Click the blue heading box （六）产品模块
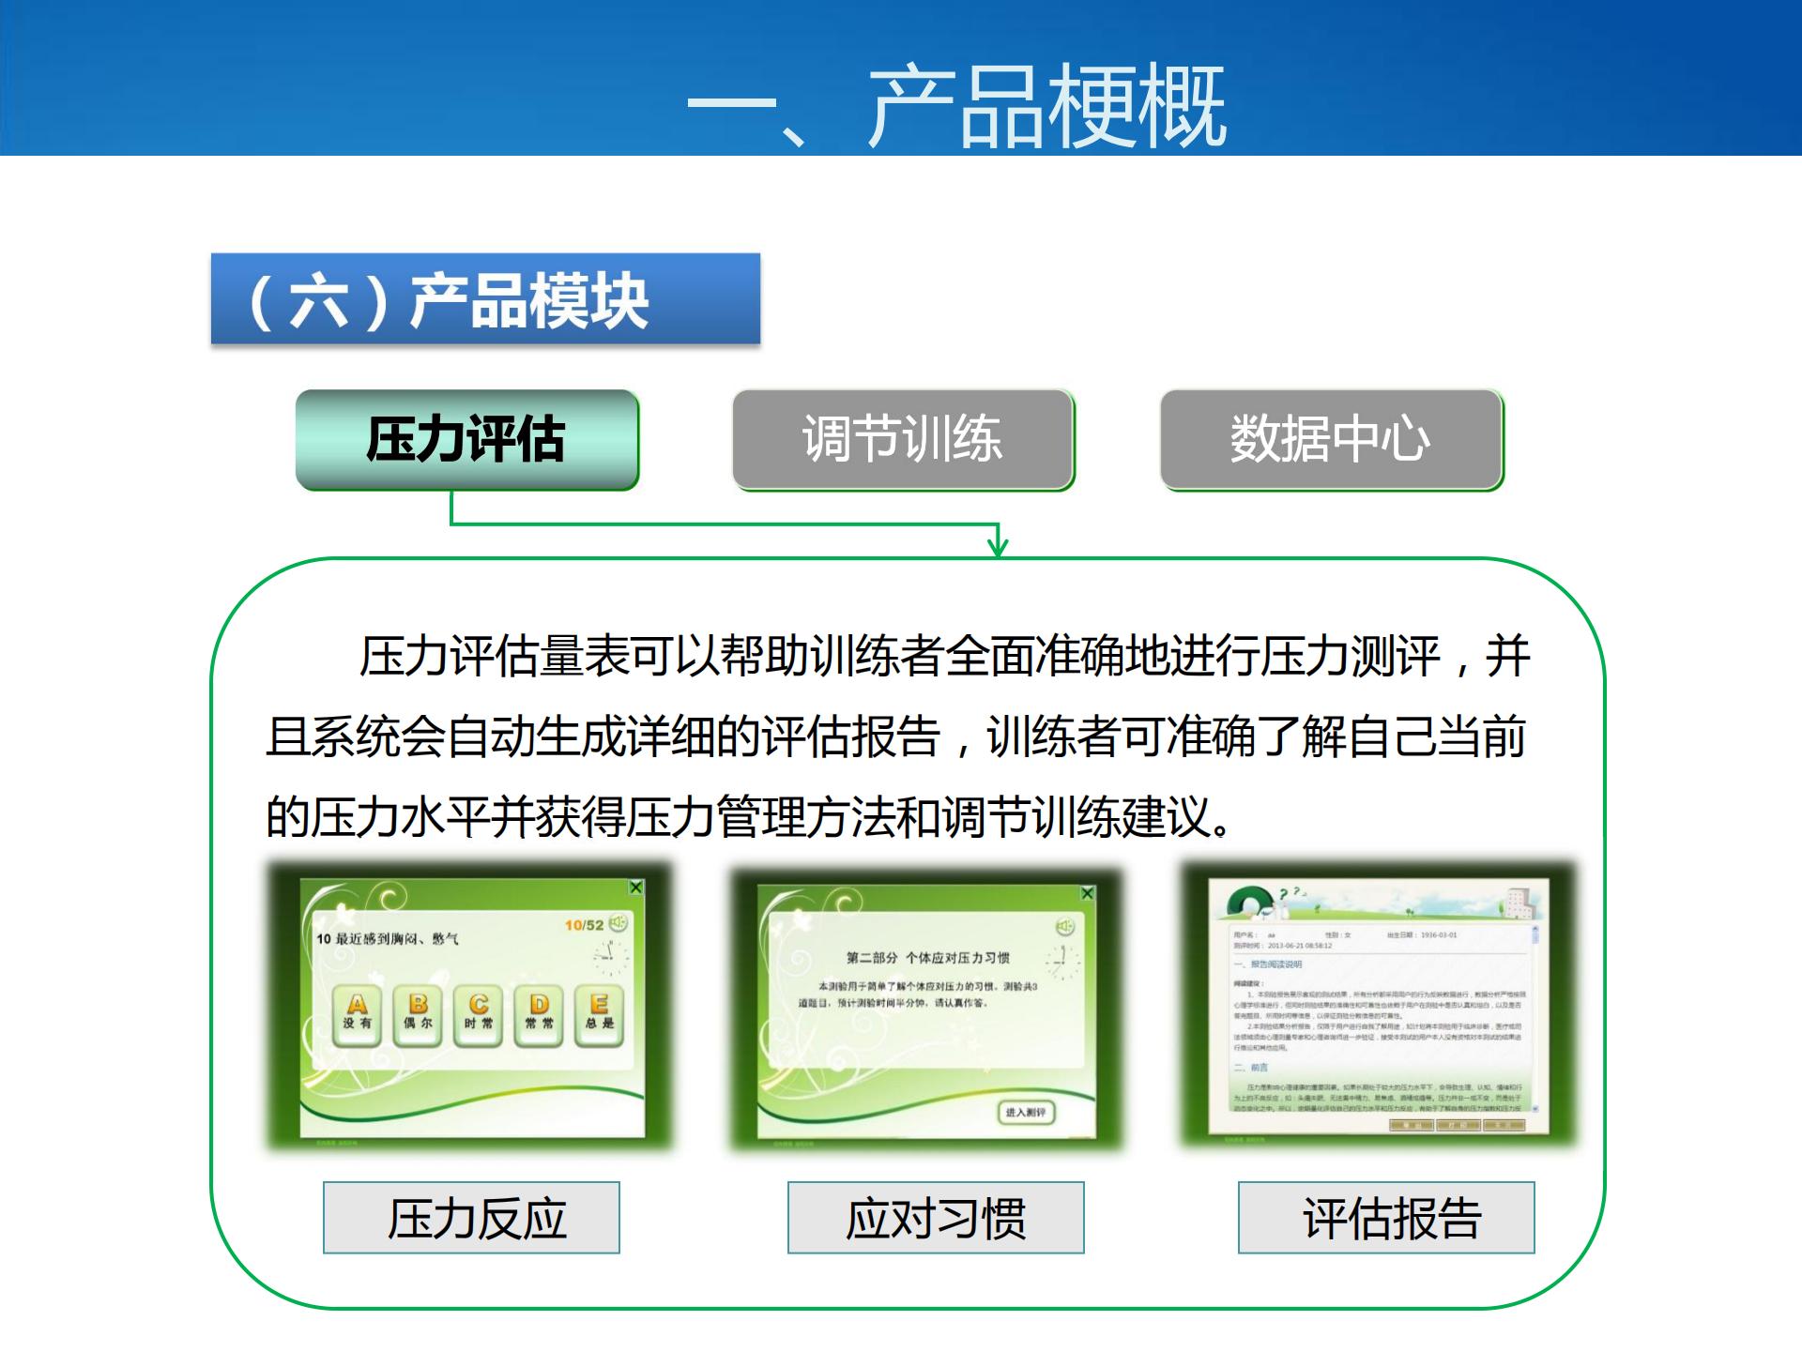(485, 299)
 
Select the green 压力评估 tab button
(467, 439)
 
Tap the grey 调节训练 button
(903, 439)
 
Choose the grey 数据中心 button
(1331, 439)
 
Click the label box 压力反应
(471, 1218)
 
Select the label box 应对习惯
(936, 1218)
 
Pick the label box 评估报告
(1386, 1218)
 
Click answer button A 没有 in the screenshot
(358, 1013)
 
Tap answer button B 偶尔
(418, 1013)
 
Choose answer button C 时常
(479, 1013)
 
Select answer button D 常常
(539, 1013)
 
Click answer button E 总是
(599, 1013)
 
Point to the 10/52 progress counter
(584, 925)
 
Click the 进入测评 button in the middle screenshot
(1025, 1112)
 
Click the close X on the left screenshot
(636, 888)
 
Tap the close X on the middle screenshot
(1087, 893)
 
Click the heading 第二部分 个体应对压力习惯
(927, 958)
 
